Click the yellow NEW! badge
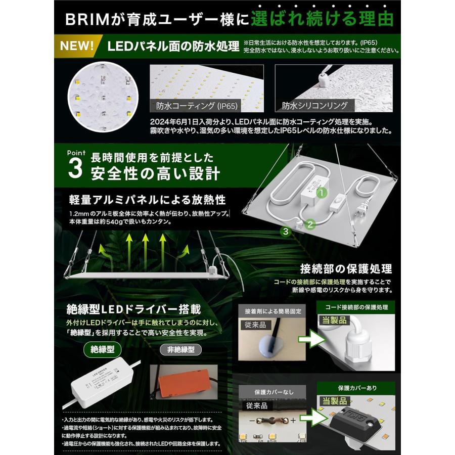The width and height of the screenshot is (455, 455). (76, 45)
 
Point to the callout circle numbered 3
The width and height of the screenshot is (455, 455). (286, 232)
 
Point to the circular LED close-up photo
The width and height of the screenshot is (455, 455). (103, 96)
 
